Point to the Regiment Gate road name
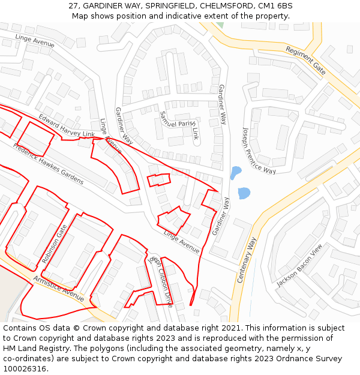[x=305, y=60]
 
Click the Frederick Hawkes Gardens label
[x=49, y=164]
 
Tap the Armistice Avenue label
[x=59, y=289]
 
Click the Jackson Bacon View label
[x=299, y=265]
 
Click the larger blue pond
[x=244, y=193]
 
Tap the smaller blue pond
[x=235, y=173]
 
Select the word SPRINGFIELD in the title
[x=171, y=5]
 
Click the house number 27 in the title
[x=74, y=5]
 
